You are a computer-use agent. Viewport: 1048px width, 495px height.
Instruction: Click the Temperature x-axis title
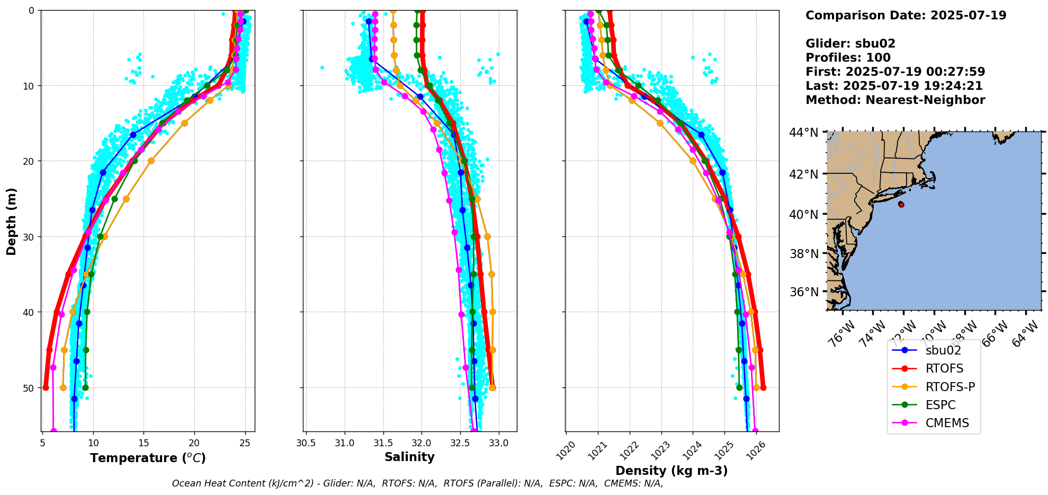click(148, 458)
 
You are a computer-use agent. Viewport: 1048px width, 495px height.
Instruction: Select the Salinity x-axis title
click(409, 457)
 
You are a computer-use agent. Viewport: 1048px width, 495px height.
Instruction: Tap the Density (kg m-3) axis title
click(671, 471)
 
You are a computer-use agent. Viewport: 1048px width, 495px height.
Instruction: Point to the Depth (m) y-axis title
click(12, 221)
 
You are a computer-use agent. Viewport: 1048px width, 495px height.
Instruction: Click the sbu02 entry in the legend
click(943, 350)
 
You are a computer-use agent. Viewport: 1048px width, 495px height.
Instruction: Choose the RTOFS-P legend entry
click(950, 387)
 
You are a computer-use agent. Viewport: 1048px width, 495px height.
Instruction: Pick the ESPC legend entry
click(940, 405)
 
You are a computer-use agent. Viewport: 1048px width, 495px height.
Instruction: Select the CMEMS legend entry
click(947, 423)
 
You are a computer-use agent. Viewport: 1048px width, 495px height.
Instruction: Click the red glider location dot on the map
click(901, 205)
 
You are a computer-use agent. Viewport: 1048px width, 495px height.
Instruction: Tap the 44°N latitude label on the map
click(803, 132)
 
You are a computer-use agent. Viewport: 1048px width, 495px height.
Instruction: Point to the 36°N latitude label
click(803, 292)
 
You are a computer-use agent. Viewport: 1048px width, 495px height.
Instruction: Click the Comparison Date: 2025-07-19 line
click(906, 15)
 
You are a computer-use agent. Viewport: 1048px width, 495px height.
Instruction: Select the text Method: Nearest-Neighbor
click(895, 100)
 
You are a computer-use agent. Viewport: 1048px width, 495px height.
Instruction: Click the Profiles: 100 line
click(848, 58)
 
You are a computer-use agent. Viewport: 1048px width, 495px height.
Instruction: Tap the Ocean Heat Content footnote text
click(417, 483)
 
